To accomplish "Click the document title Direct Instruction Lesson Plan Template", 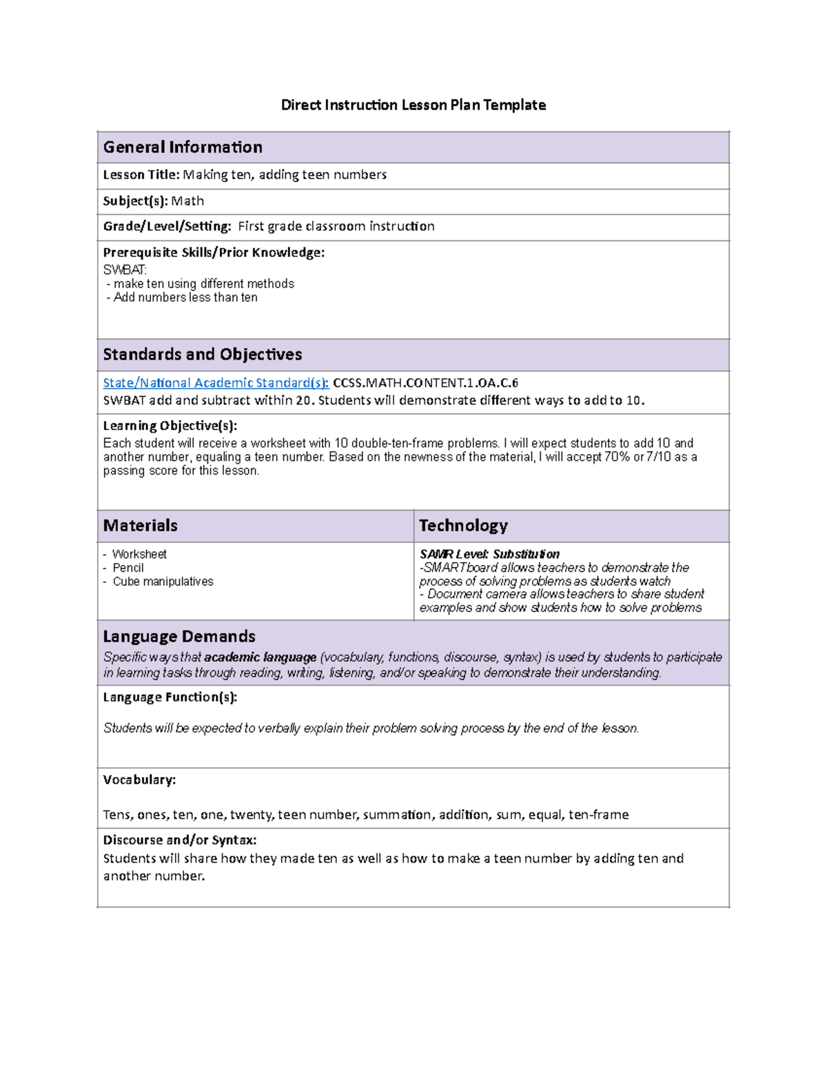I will click(413, 105).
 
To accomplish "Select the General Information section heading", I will click(183, 147).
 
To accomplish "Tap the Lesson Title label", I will click(141, 175).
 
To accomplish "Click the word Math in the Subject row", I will click(187, 201).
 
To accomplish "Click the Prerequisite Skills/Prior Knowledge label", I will click(214, 253).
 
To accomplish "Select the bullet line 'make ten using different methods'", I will click(203, 284).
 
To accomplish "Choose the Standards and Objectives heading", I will click(202, 354).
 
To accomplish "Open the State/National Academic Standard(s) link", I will click(216, 383).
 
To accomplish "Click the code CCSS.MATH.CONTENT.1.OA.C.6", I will click(425, 383).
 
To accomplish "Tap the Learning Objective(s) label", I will click(170, 426).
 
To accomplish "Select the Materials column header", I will click(140, 526).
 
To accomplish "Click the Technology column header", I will click(463, 526).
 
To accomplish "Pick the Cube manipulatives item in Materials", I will click(163, 582).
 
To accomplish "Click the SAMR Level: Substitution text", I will click(489, 554).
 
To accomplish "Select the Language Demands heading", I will click(179, 636).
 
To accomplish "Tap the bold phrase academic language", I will click(260, 657).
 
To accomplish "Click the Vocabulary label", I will click(139, 780).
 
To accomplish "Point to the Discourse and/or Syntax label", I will click(179, 840).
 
